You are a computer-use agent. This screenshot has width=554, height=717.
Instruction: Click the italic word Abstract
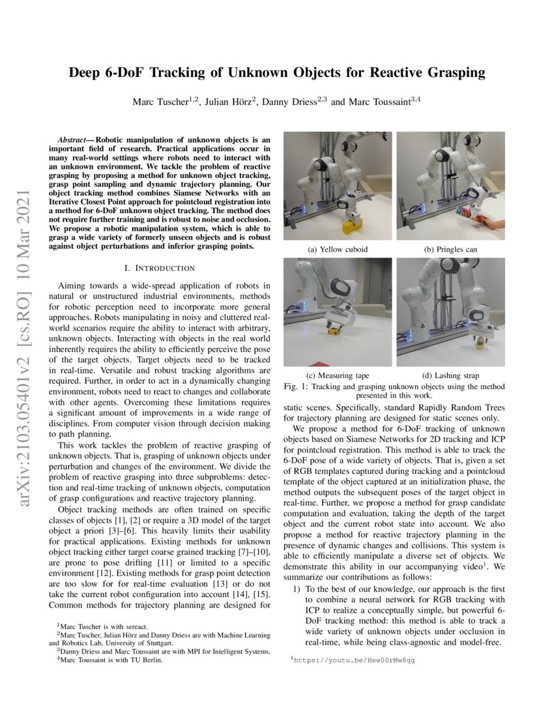[x=73, y=140]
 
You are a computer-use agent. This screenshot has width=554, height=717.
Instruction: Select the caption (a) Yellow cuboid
[x=338, y=249]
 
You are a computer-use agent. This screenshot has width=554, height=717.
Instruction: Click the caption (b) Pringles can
[x=450, y=249]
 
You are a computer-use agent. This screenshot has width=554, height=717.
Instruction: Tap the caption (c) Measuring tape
[x=338, y=375]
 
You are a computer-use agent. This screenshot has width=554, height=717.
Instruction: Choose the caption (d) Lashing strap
[x=450, y=375]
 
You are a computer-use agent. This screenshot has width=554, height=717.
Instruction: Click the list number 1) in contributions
[x=297, y=589]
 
